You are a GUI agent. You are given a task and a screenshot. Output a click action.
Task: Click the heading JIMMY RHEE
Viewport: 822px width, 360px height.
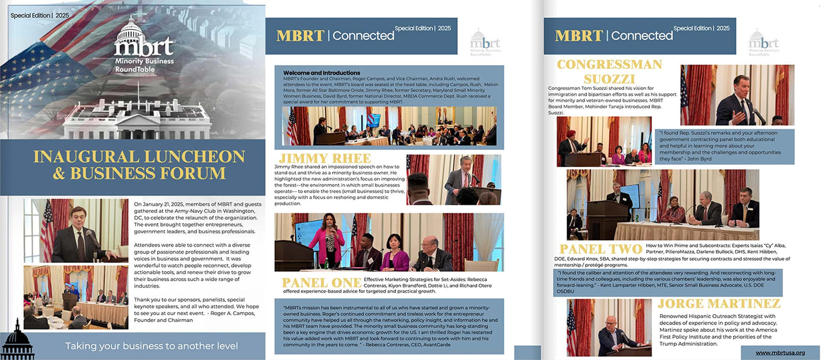pos(325,158)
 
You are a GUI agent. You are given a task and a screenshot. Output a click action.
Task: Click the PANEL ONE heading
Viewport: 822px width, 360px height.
pos(321,283)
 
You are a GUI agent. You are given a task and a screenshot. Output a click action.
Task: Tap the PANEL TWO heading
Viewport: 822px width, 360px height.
pos(600,249)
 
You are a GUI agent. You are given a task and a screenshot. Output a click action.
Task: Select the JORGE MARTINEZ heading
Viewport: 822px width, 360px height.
pos(718,304)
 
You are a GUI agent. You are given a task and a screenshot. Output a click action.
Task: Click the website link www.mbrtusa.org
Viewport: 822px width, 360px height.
pos(780,352)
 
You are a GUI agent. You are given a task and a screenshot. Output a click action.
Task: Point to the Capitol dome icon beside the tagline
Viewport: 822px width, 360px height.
pos(17,340)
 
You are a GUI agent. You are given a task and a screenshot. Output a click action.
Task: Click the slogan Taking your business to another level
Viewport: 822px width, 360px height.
pos(151,346)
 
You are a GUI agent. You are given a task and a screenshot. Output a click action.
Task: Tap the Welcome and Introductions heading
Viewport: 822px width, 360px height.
pos(321,73)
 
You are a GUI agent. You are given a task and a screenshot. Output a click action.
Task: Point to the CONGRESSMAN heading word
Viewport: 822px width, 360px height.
pos(609,65)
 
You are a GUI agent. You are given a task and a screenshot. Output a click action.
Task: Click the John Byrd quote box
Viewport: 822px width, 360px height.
pos(725,146)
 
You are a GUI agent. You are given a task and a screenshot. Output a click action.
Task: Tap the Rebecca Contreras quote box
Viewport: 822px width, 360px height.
pos(389,326)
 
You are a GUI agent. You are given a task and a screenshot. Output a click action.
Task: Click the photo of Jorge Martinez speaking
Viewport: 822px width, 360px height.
pos(609,328)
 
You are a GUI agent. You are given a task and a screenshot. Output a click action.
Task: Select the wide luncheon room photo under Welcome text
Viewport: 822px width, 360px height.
pos(389,126)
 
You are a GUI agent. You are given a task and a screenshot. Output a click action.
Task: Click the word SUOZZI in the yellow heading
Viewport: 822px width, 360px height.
pos(609,79)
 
